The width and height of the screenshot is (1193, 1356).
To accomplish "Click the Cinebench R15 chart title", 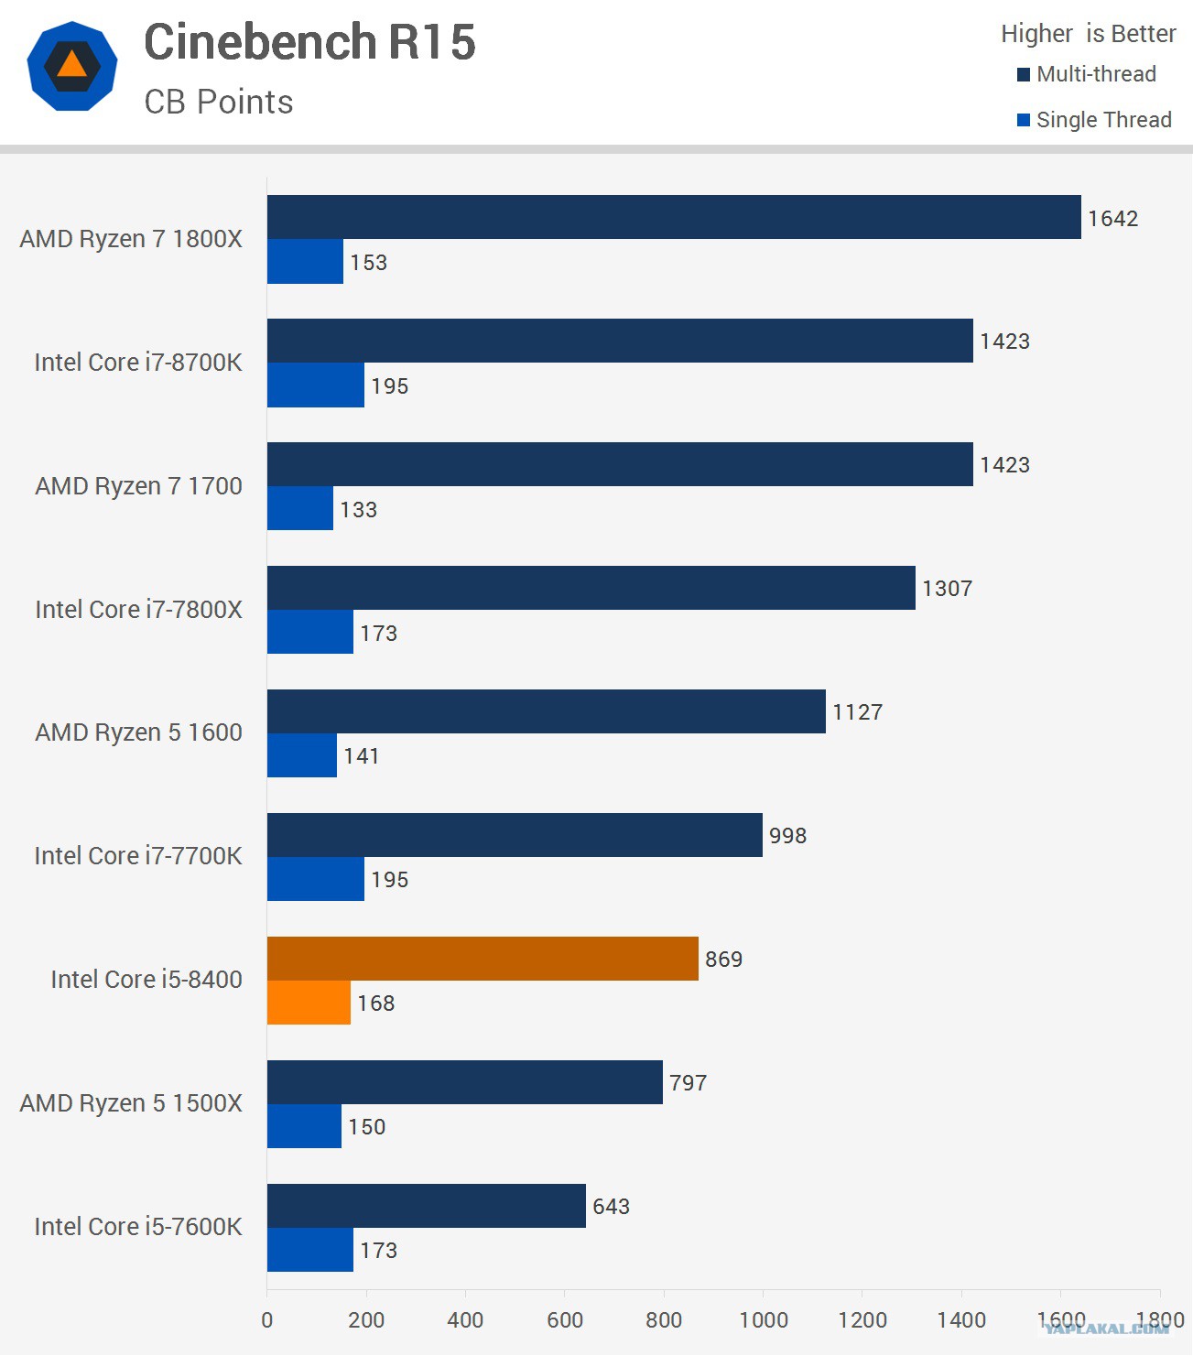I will (x=309, y=42).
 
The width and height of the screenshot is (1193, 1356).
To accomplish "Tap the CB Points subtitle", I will (x=219, y=102).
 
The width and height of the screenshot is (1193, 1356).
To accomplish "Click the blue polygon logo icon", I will (x=72, y=67).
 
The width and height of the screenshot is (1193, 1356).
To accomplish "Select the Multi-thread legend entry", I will (x=1087, y=74).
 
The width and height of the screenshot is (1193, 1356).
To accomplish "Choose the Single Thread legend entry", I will (x=1094, y=120).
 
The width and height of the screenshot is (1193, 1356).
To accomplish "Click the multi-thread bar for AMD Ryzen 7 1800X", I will (x=673, y=217).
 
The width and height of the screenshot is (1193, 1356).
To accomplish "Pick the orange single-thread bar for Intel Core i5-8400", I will (x=309, y=1003).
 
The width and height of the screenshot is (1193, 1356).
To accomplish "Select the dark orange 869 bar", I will (x=483, y=959).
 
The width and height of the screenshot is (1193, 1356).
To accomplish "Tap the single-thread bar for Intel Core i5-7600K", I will (x=309, y=1250).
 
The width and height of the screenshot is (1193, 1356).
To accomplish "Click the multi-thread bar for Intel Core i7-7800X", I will (x=591, y=588).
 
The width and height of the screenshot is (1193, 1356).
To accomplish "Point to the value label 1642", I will (x=1112, y=219).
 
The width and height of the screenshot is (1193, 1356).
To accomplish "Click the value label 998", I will (x=787, y=836).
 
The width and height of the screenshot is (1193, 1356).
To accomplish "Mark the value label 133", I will (x=358, y=510).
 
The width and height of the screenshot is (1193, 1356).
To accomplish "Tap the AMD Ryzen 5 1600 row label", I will (x=138, y=732).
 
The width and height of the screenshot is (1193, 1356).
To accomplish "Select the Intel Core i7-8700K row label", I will (x=138, y=363).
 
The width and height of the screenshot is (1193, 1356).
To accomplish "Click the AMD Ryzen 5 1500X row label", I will (x=131, y=1103).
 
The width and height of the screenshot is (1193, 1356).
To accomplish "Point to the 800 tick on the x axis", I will (x=664, y=1320).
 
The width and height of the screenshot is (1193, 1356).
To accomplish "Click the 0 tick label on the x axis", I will (x=267, y=1320).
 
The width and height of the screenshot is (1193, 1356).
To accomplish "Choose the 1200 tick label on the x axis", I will (x=862, y=1320).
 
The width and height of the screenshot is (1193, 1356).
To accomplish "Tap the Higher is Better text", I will (x=1088, y=34).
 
